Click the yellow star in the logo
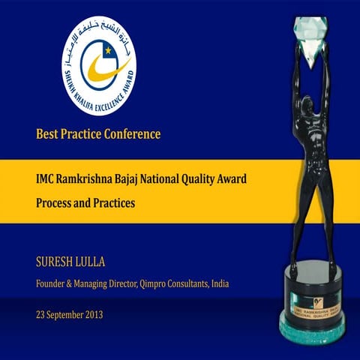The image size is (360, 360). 108,51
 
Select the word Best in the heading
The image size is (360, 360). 46,135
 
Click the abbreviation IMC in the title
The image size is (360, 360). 46,180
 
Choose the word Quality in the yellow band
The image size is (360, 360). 221,180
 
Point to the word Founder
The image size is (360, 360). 53,284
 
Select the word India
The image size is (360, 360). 217,284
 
